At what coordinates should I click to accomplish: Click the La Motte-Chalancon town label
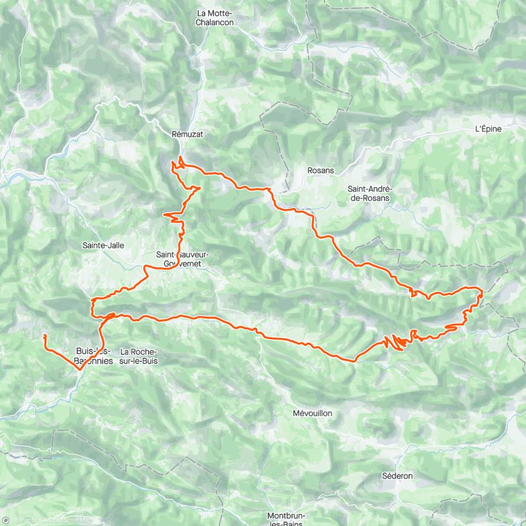(215, 18)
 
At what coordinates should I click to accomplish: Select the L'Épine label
(488, 129)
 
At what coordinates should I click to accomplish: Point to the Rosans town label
(320, 171)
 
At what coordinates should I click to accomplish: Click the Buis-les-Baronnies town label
(94, 356)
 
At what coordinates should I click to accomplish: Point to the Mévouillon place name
(312, 413)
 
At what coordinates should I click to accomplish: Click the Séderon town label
(397, 476)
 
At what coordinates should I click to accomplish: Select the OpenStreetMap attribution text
(70, 520)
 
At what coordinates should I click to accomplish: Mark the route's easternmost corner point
(482, 290)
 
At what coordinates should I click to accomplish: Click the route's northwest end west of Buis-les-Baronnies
(44, 335)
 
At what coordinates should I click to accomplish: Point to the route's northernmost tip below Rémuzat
(181, 158)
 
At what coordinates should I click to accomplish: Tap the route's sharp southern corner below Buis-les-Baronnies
(79, 369)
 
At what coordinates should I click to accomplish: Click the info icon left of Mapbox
(6, 520)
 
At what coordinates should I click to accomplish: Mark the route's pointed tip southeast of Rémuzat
(200, 188)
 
